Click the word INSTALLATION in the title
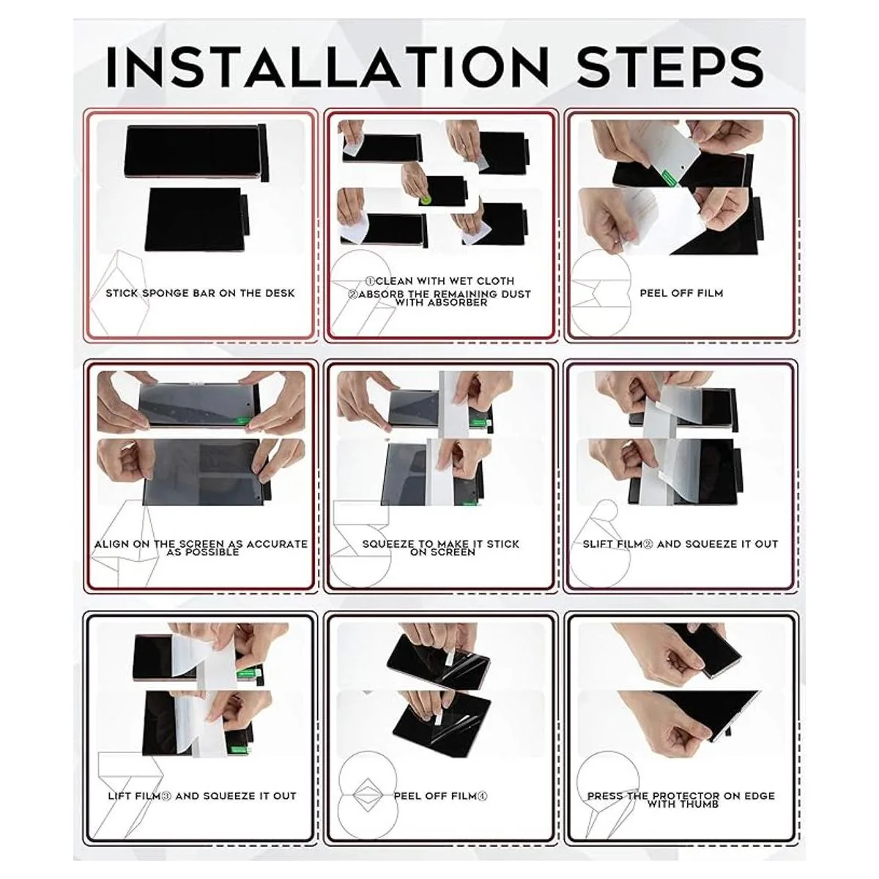point(327,67)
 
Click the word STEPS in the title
point(670,67)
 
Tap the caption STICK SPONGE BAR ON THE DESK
point(200,293)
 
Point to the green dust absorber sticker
point(426,199)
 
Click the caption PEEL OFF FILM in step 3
point(681,293)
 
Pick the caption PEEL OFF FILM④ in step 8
point(441,796)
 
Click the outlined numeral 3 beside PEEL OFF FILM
point(600,293)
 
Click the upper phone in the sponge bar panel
point(195,153)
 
